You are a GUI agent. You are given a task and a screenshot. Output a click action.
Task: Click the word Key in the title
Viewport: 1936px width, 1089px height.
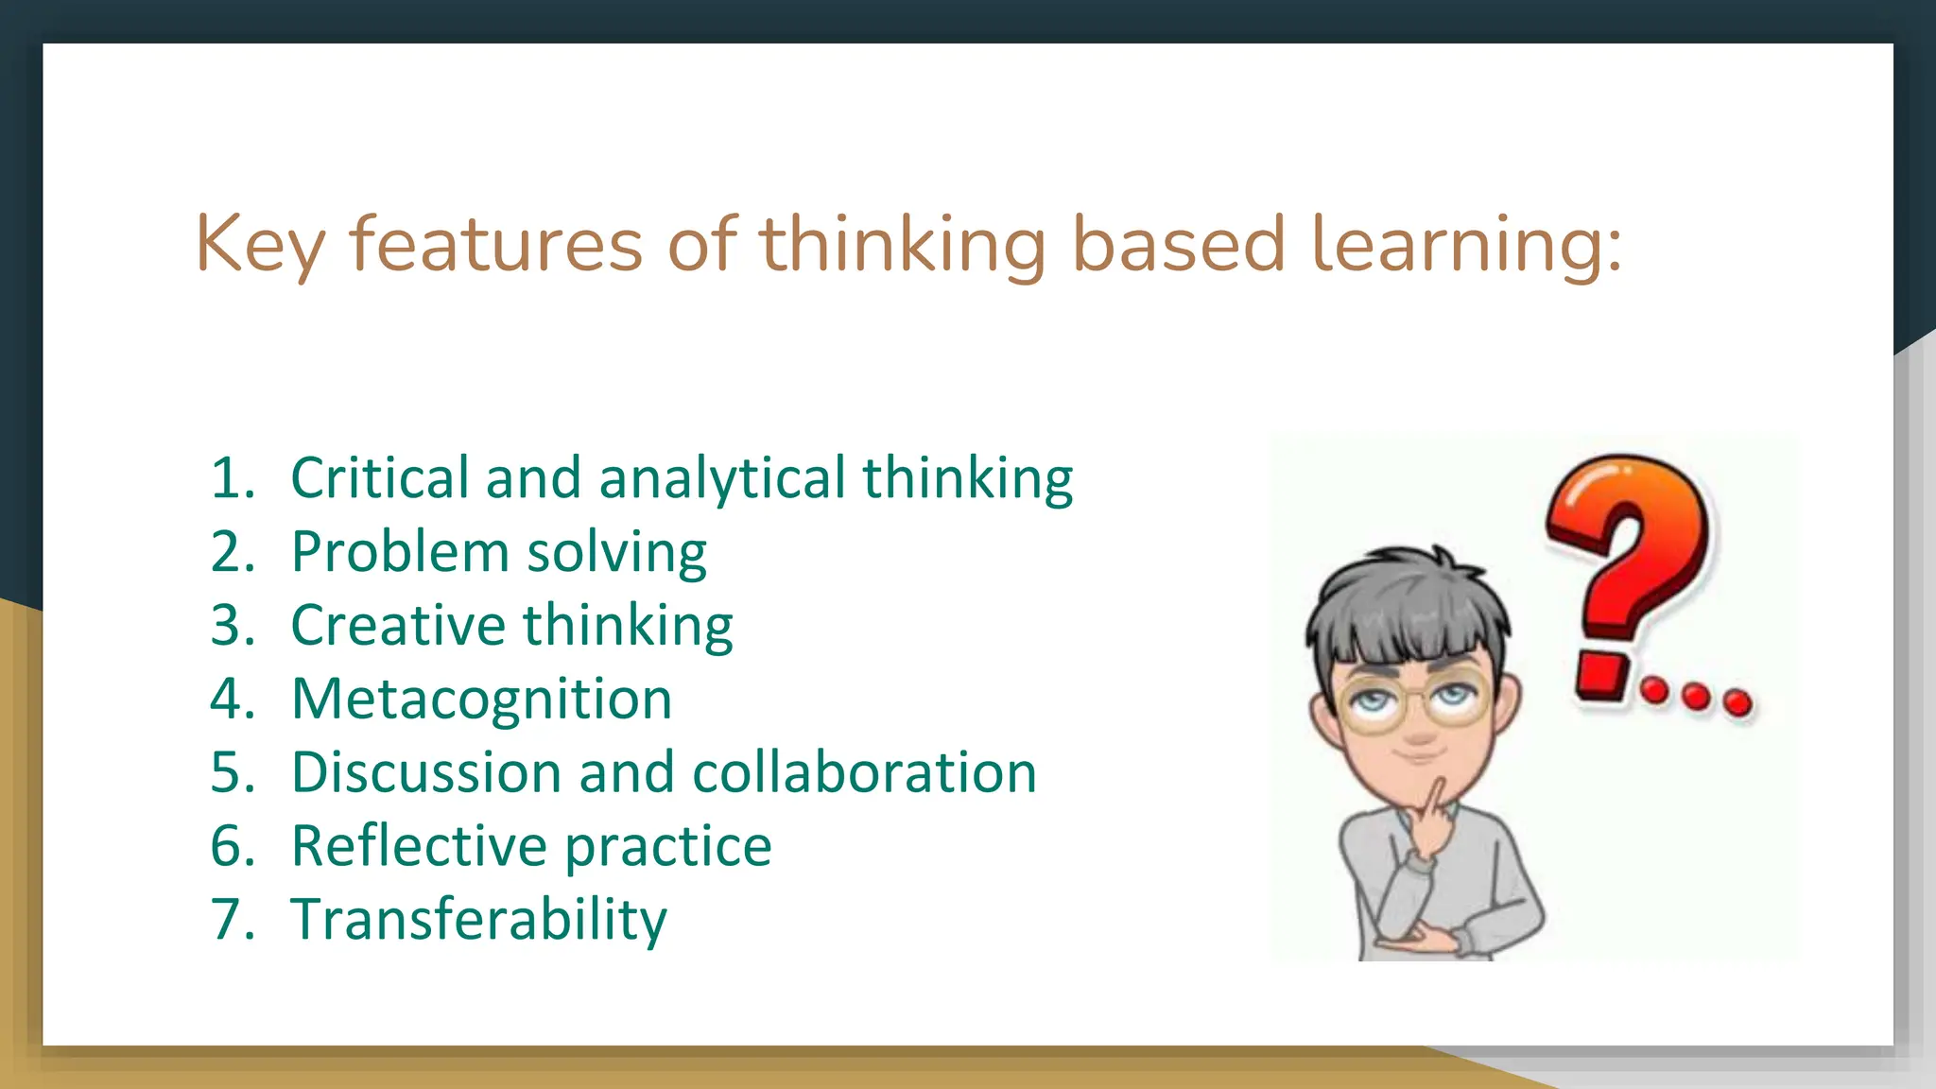point(259,244)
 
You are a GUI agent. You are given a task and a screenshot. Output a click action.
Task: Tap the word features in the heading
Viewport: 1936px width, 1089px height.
point(495,244)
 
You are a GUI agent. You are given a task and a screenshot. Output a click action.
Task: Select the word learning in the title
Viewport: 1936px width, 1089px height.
point(1465,244)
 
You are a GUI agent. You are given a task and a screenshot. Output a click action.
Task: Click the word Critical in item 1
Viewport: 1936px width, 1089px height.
point(379,477)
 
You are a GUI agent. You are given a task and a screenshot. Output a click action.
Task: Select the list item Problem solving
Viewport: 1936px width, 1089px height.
point(498,551)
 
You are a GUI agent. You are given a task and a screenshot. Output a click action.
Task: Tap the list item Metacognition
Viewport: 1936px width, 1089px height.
point(481,699)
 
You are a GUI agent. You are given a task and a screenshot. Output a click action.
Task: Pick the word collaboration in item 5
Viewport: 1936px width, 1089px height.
point(864,772)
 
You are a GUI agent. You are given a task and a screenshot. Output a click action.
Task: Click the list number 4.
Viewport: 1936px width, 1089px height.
point(232,699)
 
